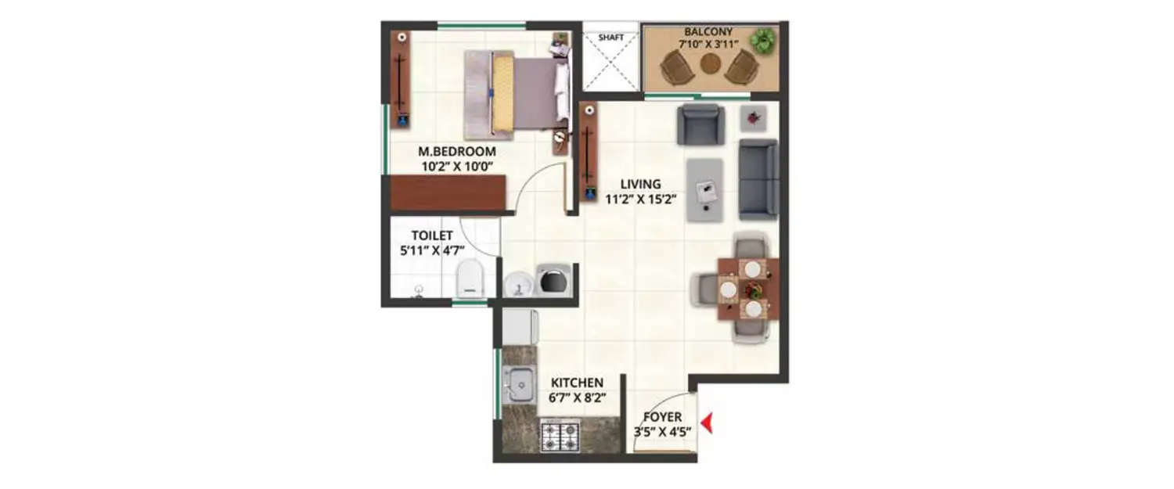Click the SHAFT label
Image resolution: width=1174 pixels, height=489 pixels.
pyautogui.click(x=610, y=37)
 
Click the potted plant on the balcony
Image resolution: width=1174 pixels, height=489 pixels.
pyautogui.click(x=761, y=40)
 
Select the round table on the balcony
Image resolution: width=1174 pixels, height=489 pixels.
pyautogui.click(x=710, y=64)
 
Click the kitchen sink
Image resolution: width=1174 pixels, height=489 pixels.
pyautogui.click(x=518, y=383)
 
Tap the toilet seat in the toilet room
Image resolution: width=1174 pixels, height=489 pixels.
pyautogui.click(x=470, y=279)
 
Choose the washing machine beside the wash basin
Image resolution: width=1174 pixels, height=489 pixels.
pyautogui.click(x=556, y=281)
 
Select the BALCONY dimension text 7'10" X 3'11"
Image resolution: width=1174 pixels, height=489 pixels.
pyautogui.click(x=708, y=45)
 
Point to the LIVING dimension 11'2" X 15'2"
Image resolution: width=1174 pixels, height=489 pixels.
pyautogui.click(x=640, y=199)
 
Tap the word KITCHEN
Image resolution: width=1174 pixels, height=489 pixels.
pyautogui.click(x=577, y=383)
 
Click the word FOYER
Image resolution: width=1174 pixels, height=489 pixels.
pyautogui.click(x=662, y=417)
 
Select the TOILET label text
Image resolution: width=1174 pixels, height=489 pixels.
pyautogui.click(x=431, y=235)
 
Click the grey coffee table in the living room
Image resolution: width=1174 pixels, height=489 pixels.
pyautogui.click(x=705, y=189)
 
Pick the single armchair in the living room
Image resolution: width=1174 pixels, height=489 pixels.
pyautogui.click(x=700, y=124)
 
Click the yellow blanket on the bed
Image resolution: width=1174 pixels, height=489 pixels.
pyautogui.click(x=502, y=94)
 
